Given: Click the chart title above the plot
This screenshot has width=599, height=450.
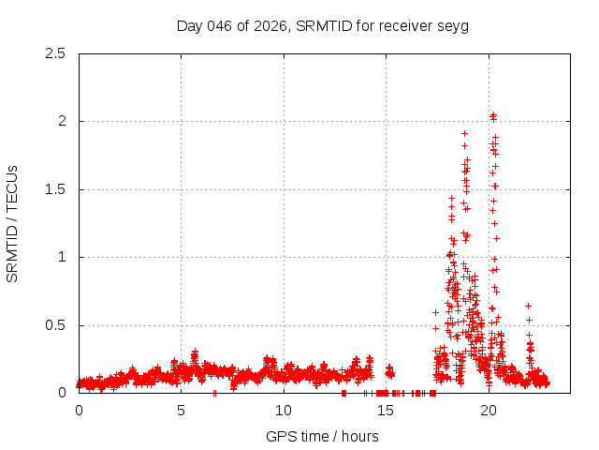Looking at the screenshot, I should [323, 25].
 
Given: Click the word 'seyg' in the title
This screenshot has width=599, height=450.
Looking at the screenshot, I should [454, 25].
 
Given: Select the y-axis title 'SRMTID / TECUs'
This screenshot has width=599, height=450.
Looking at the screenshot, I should [13, 223].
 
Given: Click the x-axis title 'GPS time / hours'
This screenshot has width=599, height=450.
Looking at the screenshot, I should [323, 436].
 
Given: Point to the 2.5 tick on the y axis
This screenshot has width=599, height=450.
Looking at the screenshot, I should [56, 53].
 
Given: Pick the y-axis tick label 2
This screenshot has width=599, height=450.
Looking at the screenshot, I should [61, 121].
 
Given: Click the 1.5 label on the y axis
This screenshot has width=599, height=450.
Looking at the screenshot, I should [56, 189].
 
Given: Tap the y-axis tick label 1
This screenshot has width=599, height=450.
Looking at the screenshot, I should [61, 257].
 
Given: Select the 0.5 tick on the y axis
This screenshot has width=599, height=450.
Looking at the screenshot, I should [56, 325].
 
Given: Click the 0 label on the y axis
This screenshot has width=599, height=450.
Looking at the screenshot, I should [61, 393].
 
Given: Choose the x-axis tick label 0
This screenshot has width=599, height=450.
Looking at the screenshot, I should [79, 411].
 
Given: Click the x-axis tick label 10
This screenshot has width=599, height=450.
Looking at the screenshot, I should [284, 411].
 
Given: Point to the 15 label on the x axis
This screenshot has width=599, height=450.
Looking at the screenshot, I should [386, 411].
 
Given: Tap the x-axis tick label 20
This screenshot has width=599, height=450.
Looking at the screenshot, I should [489, 411].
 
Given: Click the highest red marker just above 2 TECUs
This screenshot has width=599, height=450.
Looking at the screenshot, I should [493, 115].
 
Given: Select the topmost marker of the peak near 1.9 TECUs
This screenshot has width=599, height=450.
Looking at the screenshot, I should [464, 133].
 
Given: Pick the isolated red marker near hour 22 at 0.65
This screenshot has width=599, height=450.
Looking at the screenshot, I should [529, 306].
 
